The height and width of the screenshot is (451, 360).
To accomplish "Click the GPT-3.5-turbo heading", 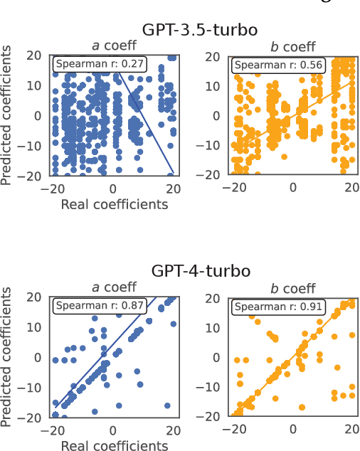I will point(199,30).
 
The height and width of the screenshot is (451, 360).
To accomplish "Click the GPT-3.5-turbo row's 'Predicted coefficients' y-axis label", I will point(8,115).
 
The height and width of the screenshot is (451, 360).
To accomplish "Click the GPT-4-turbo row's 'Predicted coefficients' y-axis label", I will point(8,357).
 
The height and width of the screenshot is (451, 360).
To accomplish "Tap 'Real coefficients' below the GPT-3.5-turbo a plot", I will point(114,205).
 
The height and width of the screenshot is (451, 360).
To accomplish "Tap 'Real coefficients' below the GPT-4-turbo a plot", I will point(114,446).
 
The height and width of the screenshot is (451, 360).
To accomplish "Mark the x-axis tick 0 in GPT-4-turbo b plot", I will point(293,430).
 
